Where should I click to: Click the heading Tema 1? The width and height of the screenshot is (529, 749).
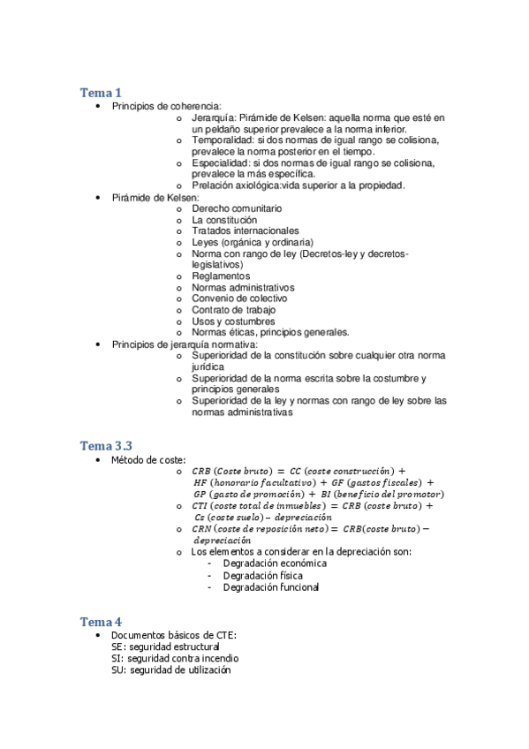pyautogui.click(x=101, y=93)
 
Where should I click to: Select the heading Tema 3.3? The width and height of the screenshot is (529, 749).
pyautogui.click(x=107, y=445)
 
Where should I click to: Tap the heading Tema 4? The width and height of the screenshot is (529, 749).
pyautogui.click(x=101, y=622)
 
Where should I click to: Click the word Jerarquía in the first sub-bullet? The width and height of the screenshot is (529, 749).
pyautogui.click(x=213, y=117)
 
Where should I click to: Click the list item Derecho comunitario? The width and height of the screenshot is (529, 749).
pyautogui.click(x=237, y=208)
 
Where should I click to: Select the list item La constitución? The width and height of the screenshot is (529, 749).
pyautogui.click(x=224, y=219)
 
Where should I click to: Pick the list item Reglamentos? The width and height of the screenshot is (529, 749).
pyautogui.click(x=221, y=276)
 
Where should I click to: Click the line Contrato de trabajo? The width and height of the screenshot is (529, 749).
pyautogui.click(x=233, y=310)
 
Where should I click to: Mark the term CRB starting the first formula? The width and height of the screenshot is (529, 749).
pyautogui.click(x=201, y=472)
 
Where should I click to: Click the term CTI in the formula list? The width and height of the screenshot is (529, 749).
pyautogui.click(x=200, y=506)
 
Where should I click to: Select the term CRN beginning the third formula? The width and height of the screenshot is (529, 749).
pyautogui.click(x=201, y=528)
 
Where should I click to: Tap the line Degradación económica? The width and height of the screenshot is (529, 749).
pyautogui.click(x=275, y=564)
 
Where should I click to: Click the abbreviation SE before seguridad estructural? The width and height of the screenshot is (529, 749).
pyautogui.click(x=117, y=647)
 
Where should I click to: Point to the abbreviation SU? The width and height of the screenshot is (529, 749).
pyautogui.click(x=117, y=670)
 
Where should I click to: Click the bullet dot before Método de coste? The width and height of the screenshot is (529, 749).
pyautogui.click(x=97, y=461)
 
